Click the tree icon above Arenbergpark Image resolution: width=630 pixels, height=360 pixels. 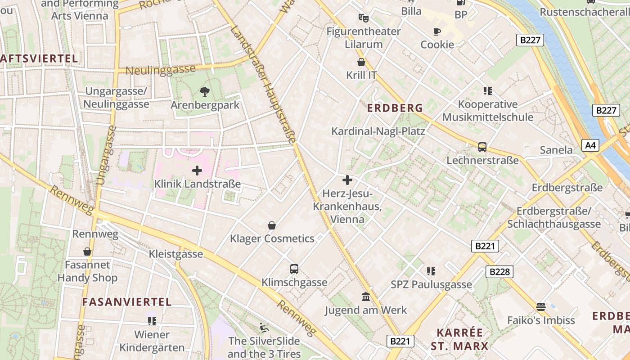(x=205, y=92)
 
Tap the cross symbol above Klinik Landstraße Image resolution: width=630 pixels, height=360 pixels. (x=197, y=171)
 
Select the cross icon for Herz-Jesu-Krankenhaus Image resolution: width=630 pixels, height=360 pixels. (x=347, y=180)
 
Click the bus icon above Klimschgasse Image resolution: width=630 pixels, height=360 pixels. (x=294, y=269)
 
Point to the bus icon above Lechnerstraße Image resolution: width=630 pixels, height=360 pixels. (x=482, y=147)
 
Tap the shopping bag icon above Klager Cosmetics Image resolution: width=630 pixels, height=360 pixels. (x=272, y=225)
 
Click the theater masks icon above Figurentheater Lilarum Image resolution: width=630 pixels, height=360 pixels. (x=363, y=18)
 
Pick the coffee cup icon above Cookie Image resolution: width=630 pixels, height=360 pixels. (x=436, y=31)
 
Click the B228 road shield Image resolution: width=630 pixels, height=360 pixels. (x=499, y=271)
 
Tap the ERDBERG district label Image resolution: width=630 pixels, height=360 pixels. (x=395, y=108)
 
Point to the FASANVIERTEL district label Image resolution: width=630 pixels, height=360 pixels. (x=126, y=302)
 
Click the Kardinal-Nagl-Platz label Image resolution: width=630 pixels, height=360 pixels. (x=378, y=131)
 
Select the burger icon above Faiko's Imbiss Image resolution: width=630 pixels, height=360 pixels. (x=541, y=307)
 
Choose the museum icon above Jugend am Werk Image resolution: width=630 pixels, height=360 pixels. (x=366, y=297)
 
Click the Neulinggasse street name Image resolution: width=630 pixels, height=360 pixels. (x=161, y=70)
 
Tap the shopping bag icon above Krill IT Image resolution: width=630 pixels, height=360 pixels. (x=361, y=62)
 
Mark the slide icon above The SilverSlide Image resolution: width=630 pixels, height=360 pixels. (x=264, y=327)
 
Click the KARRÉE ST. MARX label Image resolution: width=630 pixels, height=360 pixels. (x=459, y=339)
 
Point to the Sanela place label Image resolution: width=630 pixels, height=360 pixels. (x=556, y=150)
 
